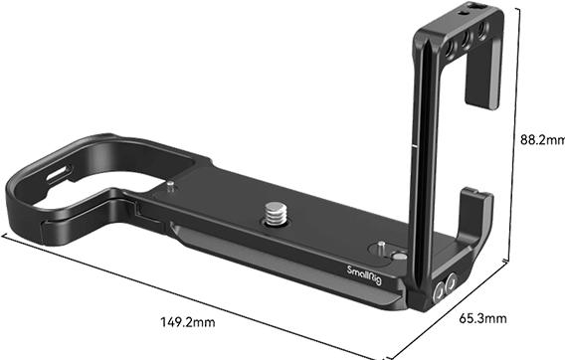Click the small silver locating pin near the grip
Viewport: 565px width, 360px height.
pos(173,184)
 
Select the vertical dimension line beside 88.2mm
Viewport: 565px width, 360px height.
pos(516,139)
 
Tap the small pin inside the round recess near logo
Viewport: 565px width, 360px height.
pos(381,246)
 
